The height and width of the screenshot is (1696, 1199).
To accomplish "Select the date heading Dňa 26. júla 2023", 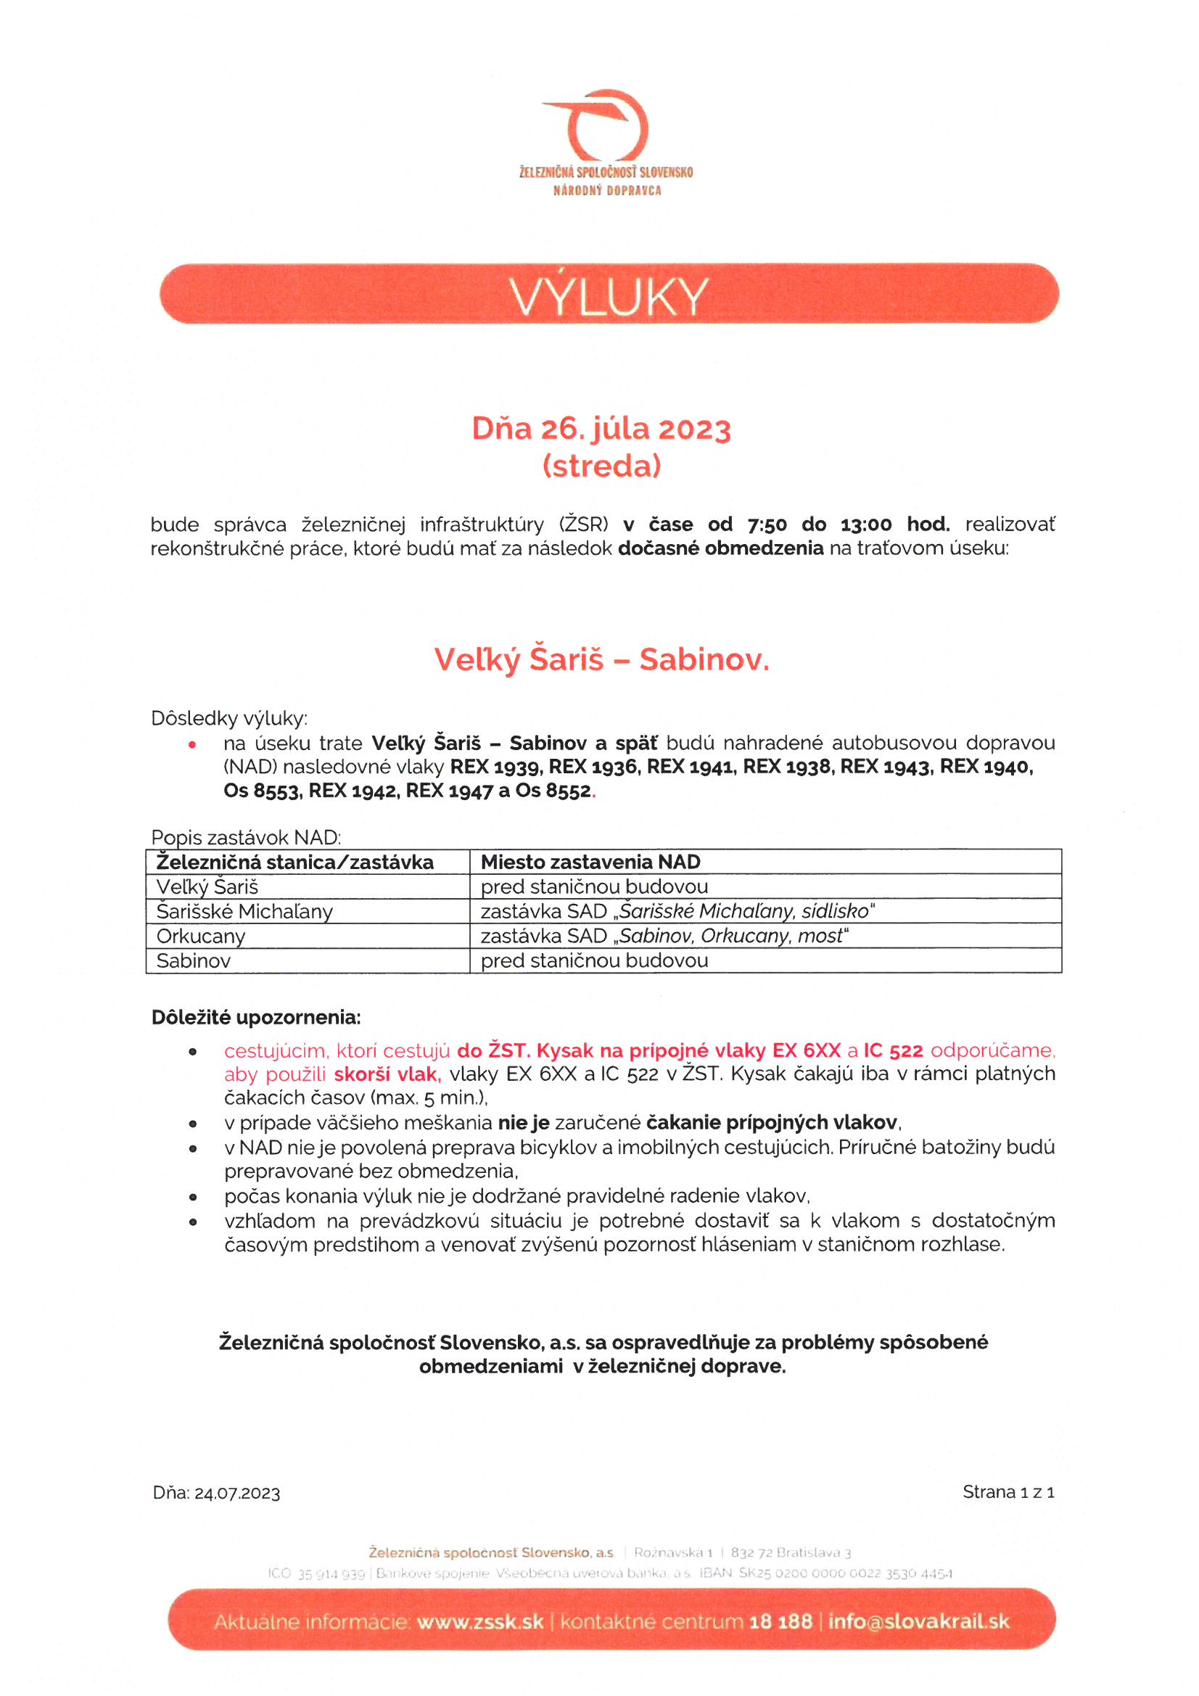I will point(601,429).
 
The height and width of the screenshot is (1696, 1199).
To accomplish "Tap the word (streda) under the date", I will point(601,466).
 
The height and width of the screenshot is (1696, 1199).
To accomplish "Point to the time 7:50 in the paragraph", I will point(767,525).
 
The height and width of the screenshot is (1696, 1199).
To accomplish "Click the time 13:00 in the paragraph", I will point(866,525).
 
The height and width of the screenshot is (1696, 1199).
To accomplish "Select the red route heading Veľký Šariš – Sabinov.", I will point(601,659).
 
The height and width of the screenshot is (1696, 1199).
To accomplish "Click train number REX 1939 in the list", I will point(494,767).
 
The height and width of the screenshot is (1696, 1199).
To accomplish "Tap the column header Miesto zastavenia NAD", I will point(590,862).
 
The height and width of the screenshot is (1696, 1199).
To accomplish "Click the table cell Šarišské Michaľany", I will point(244,912).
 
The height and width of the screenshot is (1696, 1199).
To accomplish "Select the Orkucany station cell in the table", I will point(200,936).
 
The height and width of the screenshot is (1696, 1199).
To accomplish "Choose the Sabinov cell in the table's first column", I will point(194,961).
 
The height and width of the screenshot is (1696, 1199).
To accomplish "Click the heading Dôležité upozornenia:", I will point(255,1018).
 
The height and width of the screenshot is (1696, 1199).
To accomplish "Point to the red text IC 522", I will point(893,1050).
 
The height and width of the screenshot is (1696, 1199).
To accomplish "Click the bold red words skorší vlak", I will point(387,1074).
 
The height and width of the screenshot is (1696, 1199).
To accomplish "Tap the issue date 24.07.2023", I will point(237,1494).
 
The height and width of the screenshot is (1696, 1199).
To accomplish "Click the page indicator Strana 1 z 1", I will point(1008,1492).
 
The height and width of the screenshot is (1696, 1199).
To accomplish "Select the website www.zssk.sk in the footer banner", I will point(479,1622).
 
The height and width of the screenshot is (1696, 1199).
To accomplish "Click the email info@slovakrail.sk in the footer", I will point(918,1622).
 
